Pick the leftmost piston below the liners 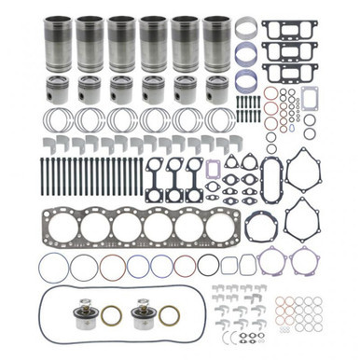pyautogui.click(x=59, y=90)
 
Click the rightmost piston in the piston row pyautogui.click(x=215, y=90)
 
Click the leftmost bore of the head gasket pyautogui.click(x=64, y=227)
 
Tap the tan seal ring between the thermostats pyautogui.click(x=110, y=315)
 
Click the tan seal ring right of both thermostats pyautogui.click(x=170, y=315)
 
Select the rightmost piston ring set pyautogui.click(x=220, y=120)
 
